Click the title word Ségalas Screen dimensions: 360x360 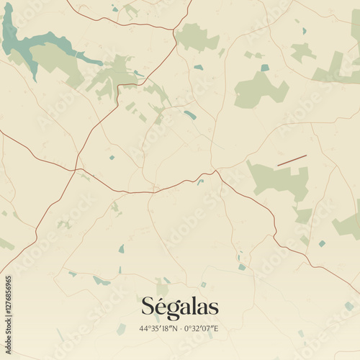point(179,307)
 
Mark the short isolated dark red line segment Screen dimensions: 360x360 point(292,159)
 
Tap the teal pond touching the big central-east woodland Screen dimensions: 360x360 point(265,68)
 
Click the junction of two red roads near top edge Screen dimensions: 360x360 point(174,30)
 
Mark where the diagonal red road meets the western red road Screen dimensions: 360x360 point(75,170)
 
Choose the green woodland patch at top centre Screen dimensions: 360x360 point(196,37)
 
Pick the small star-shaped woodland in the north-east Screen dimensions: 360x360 point(302,51)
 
